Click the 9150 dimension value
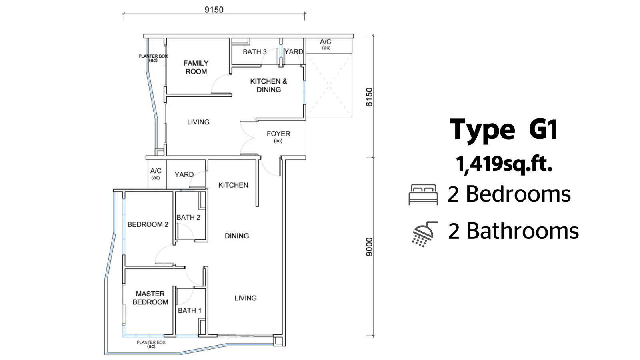click(x=214, y=10)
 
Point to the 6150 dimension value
click(x=369, y=97)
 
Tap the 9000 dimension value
click(x=369, y=247)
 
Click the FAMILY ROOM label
click(x=196, y=67)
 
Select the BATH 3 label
click(x=254, y=52)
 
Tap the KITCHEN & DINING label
click(x=268, y=86)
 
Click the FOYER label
click(x=278, y=134)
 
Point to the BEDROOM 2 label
click(x=148, y=224)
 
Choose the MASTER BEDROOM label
click(x=150, y=298)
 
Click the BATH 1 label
click(x=190, y=310)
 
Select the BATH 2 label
click(x=188, y=218)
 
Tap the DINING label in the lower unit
click(x=237, y=236)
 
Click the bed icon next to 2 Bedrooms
click(x=423, y=194)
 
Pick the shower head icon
click(x=424, y=234)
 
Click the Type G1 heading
click(x=504, y=130)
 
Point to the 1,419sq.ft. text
click(x=504, y=164)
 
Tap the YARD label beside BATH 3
click(x=294, y=52)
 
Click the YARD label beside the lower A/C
click(x=184, y=174)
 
